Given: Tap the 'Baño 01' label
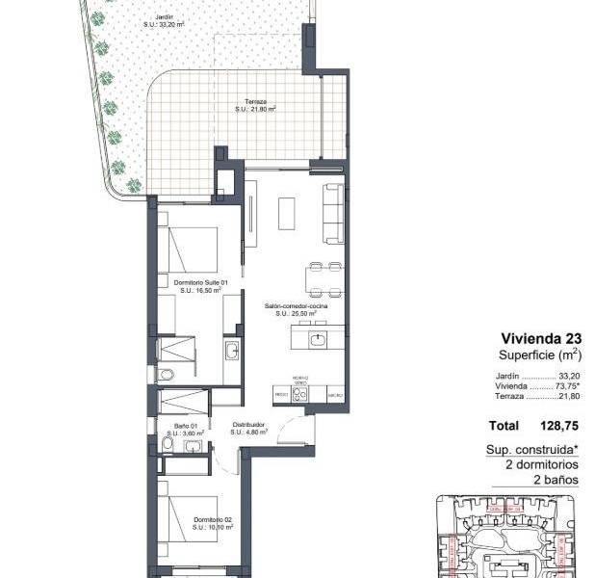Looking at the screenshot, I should pyautogui.click(x=186, y=425).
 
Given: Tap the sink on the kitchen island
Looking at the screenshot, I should pyautogui.click(x=317, y=338).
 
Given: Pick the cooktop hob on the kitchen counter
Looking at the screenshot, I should pyautogui.click(x=299, y=393).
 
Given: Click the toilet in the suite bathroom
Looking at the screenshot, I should pyautogui.click(x=165, y=375).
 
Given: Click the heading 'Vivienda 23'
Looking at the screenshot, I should pyautogui.click(x=541, y=338).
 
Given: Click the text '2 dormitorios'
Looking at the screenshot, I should pyautogui.click(x=542, y=463).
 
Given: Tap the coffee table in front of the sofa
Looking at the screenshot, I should pyautogui.click(x=287, y=213).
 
